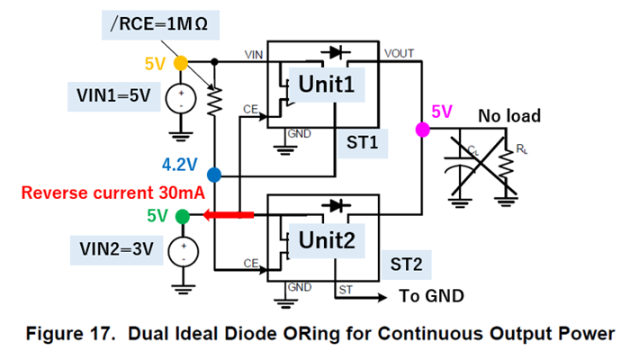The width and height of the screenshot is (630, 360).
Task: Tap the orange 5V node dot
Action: (x=180, y=63)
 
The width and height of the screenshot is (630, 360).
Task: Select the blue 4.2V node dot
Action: (x=214, y=175)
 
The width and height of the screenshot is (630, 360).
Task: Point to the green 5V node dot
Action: (x=182, y=216)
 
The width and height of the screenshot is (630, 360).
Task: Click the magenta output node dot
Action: (x=419, y=130)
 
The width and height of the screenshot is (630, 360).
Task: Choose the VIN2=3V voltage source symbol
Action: (x=181, y=252)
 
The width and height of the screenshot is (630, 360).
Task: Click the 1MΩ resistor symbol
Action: (x=214, y=101)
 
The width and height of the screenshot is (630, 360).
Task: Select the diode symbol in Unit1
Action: (x=335, y=54)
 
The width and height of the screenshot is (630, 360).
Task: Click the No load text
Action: (x=509, y=116)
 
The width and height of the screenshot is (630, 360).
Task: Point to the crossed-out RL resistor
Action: (x=507, y=166)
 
